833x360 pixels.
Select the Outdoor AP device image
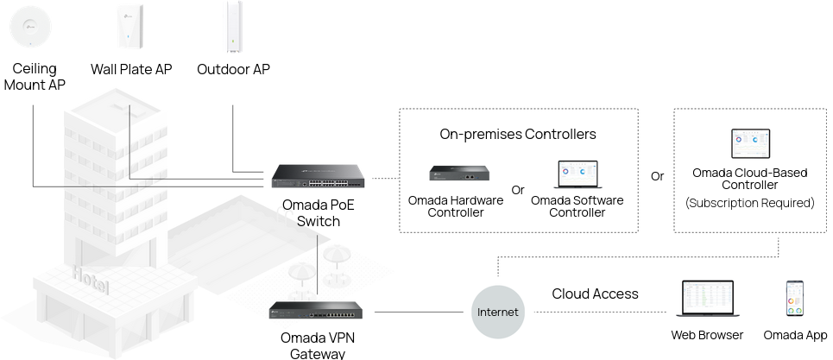pyautogui.click(x=233, y=27)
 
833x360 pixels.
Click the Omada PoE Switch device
pyautogui.click(x=318, y=176)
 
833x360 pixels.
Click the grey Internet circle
pyautogui.click(x=498, y=313)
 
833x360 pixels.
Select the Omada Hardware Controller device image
pyautogui.click(x=459, y=174)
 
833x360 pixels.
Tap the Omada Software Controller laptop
pyautogui.click(x=577, y=174)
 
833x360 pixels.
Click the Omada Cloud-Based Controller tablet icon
pyautogui.click(x=751, y=143)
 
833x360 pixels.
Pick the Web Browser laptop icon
pyautogui.click(x=707, y=299)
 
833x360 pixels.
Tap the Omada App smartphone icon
pyautogui.click(x=795, y=300)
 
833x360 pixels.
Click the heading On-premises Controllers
pyautogui.click(x=518, y=135)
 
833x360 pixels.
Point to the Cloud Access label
pyautogui.click(x=595, y=294)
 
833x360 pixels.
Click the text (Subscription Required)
pyautogui.click(x=750, y=203)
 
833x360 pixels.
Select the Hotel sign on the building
pyautogui.click(x=92, y=280)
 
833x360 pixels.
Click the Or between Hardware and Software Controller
pyautogui.click(x=517, y=190)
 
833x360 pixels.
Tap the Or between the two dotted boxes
pyautogui.click(x=657, y=176)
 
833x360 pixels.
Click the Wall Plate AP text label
pyautogui.click(x=131, y=69)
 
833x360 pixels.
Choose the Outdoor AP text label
pyautogui.click(x=233, y=69)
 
